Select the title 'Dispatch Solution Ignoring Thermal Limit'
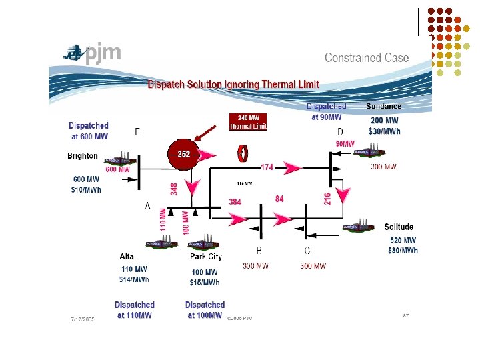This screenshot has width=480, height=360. click(x=233, y=85)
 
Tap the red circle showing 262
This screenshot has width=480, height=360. click(x=183, y=154)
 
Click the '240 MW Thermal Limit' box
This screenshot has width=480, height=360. click(x=248, y=123)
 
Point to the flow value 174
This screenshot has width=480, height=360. click(x=267, y=167)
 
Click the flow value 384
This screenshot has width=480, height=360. click(x=235, y=201)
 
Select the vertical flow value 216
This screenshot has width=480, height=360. click(x=327, y=199)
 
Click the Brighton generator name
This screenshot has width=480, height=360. click(x=83, y=156)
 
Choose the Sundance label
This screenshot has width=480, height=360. click(x=384, y=107)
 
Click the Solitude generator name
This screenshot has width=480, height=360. click(x=399, y=227)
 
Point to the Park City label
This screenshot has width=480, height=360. click(x=206, y=257)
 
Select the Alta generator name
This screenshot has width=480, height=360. click(x=127, y=257)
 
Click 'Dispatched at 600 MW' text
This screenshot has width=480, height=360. click(x=89, y=131)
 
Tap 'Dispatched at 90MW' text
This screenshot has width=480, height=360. click(x=327, y=112)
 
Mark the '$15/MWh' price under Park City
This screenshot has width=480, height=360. click(x=205, y=283)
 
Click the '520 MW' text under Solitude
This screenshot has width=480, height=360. click(x=403, y=241)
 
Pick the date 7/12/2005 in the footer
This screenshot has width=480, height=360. click(x=83, y=319)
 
